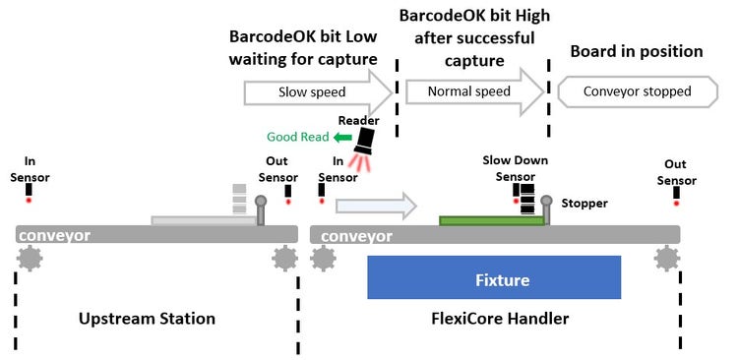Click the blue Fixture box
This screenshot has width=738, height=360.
(494, 277)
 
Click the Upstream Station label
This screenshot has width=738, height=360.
(148, 319)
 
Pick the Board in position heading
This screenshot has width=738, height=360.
(637, 52)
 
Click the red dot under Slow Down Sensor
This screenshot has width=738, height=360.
(517, 201)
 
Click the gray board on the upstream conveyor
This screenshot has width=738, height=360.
(203, 220)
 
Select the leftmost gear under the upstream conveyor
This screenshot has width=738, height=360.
(30, 259)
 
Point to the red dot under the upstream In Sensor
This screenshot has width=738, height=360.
(29, 201)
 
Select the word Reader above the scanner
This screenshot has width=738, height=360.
(358, 120)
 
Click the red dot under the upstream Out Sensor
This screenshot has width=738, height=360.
(287, 203)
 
